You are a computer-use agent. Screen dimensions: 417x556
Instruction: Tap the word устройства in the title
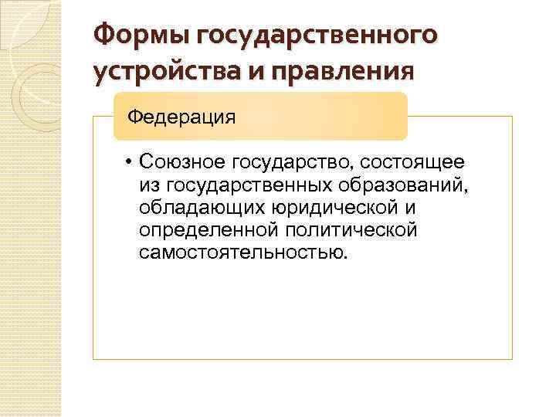point(161,71)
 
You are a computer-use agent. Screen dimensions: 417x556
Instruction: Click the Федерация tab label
point(181,117)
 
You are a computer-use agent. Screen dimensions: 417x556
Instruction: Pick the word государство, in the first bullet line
point(293,162)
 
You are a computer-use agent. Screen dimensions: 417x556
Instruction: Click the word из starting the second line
point(150,185)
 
